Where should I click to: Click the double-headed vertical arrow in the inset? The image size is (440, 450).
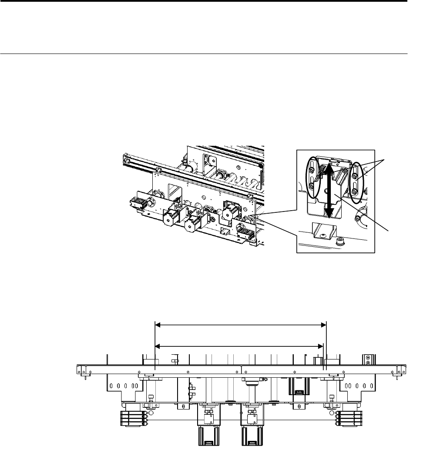(x=329, y=189)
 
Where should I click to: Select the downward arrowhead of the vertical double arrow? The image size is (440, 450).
(x=329, y=214)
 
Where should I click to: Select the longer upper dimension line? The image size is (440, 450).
(x=241, y=324)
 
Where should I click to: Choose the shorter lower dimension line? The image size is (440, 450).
(x=239, y=346)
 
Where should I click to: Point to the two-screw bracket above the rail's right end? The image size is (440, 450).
(x=369, y=360)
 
